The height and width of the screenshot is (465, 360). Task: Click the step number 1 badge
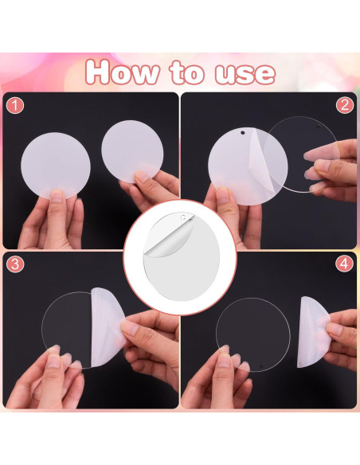pos(15,105)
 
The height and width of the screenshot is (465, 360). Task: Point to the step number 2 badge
pos(345,105)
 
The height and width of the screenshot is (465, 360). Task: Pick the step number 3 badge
pos(15,264)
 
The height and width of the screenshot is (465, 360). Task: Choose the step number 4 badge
pos(345,264)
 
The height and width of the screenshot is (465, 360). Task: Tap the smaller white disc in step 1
pos(132,150)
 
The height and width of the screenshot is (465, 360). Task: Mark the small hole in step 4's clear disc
pos(260,365)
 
